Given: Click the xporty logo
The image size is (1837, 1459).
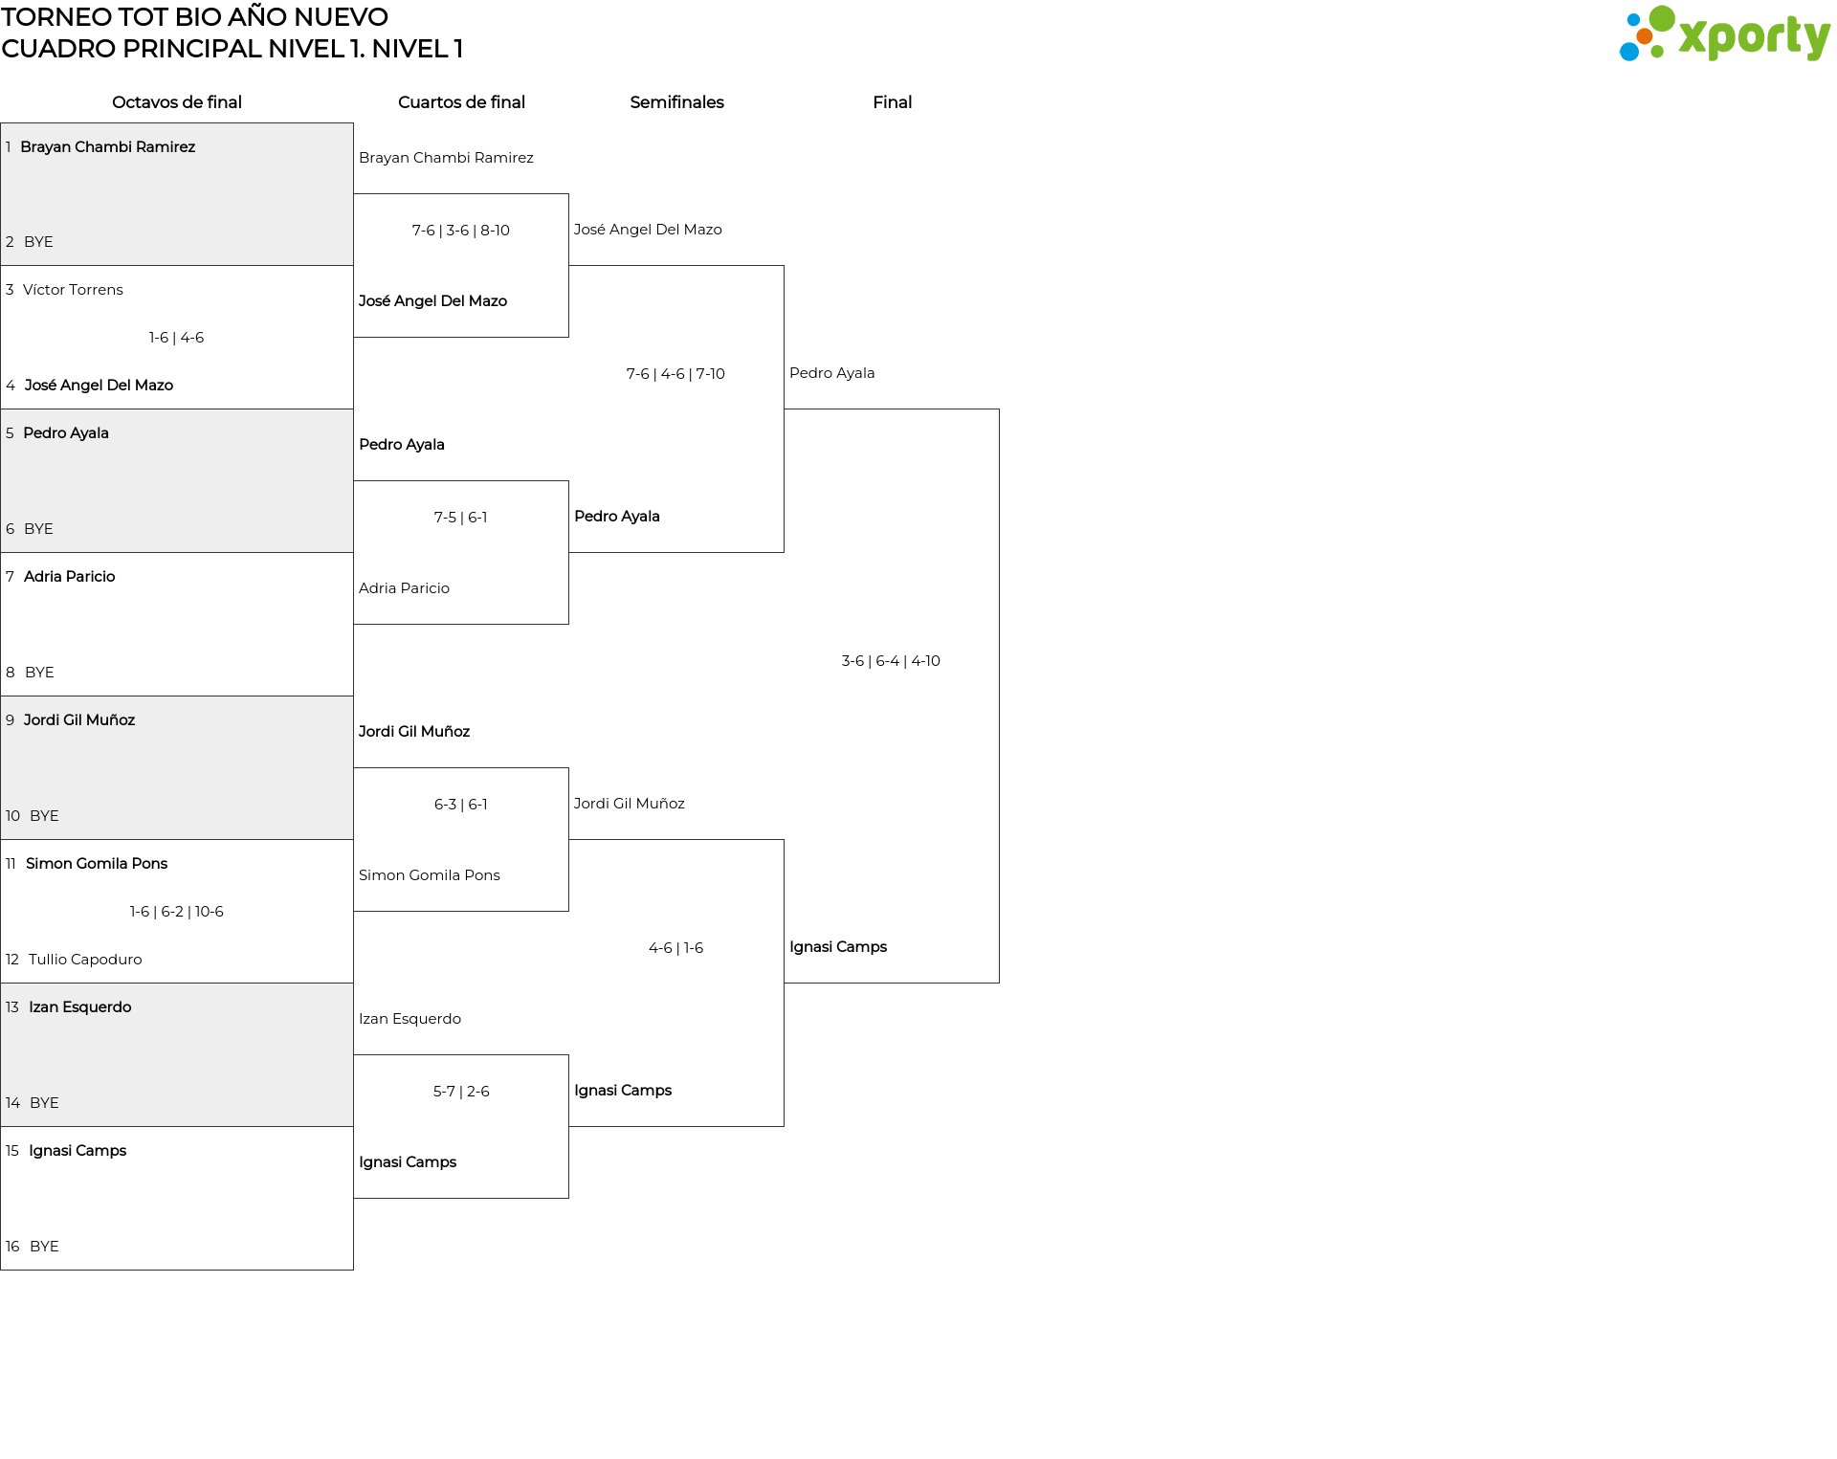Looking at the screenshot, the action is [1724, 34].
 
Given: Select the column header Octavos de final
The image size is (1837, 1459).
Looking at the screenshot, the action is [177, 102].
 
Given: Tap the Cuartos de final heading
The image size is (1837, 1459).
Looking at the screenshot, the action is [461, 102].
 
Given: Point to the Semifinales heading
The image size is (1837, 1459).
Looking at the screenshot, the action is [676, 102].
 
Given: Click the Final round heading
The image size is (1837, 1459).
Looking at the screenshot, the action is [892, 102].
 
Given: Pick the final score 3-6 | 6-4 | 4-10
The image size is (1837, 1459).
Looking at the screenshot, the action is [891, 661].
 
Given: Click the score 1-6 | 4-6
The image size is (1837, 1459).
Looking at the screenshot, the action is [176, 338].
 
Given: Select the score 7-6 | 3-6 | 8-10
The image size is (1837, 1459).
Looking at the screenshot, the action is [461, 231].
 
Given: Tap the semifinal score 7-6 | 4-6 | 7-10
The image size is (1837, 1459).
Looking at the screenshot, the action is [675, 374].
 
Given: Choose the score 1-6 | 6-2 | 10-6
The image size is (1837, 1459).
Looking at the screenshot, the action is [177, 912].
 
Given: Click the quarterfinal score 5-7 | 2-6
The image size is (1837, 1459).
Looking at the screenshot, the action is [461, 1092].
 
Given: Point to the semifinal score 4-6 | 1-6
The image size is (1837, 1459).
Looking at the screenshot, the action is [675, 948].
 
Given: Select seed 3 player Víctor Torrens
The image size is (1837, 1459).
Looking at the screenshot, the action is [73, 290].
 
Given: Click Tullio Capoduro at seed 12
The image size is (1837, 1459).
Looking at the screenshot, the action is [85, 960].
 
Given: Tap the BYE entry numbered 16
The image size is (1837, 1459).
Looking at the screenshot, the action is [44, 1247].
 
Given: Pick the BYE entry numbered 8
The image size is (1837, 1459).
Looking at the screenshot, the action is [39, 673].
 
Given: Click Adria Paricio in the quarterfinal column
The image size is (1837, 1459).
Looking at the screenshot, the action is [404, 588].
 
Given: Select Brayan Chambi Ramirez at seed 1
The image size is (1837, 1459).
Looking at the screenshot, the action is [107, 146].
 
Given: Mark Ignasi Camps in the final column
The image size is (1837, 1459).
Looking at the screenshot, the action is [838, 947].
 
